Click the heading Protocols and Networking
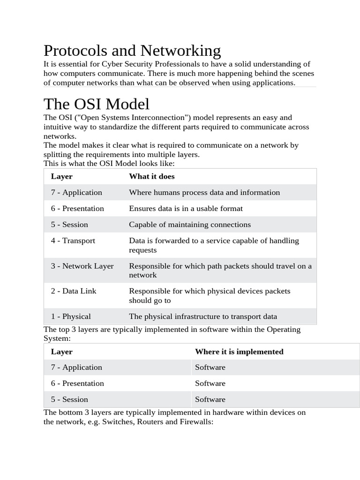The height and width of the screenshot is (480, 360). coord(132,51)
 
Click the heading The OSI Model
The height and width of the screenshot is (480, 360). coord(97,104)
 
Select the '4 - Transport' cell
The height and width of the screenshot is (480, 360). coord(73,240)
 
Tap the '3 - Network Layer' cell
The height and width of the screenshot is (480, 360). coord(82,266)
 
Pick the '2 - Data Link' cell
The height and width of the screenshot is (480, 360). coord(74,291)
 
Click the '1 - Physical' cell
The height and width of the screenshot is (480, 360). coord(71,316)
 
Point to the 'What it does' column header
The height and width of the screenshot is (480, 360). coord(152,176)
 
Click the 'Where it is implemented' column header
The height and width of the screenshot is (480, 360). coord(239,352)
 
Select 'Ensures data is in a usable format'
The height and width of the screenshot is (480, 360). coord(186,208)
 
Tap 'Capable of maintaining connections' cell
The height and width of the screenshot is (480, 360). coord(190,225)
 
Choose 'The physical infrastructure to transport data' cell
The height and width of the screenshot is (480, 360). coord(203,316)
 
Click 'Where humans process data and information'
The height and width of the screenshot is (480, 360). coord(204,192)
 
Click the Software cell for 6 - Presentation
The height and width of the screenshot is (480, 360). coord(210,383)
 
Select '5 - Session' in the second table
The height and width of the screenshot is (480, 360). coord(69,399)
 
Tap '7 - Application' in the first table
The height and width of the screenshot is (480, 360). coord(76,192)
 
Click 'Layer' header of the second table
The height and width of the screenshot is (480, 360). coord(62,352)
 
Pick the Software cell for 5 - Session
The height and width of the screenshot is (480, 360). coord(210,399)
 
